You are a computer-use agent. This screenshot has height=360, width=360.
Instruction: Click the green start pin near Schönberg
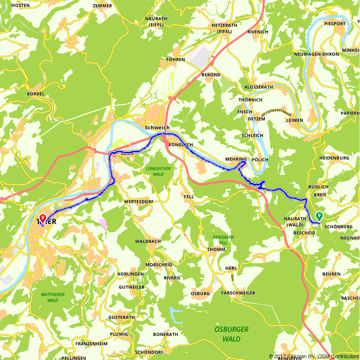point(319,216)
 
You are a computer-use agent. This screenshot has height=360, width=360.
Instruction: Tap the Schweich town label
point(157,127)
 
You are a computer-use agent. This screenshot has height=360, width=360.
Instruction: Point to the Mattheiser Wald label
point(53,297)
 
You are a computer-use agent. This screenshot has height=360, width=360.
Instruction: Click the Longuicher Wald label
point(158,171)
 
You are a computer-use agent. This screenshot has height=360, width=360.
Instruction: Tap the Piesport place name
point(334,24)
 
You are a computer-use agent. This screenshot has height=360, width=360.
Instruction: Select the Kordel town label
point(36,94)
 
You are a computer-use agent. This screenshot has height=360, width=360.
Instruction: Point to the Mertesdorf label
point(136,202)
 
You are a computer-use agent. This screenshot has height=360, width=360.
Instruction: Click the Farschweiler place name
point(238,293)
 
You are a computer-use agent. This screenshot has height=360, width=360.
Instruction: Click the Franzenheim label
point(91,344)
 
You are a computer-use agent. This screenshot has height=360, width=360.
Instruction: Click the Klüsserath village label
point(258,87)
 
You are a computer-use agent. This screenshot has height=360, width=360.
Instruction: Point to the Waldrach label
point(148,241)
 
